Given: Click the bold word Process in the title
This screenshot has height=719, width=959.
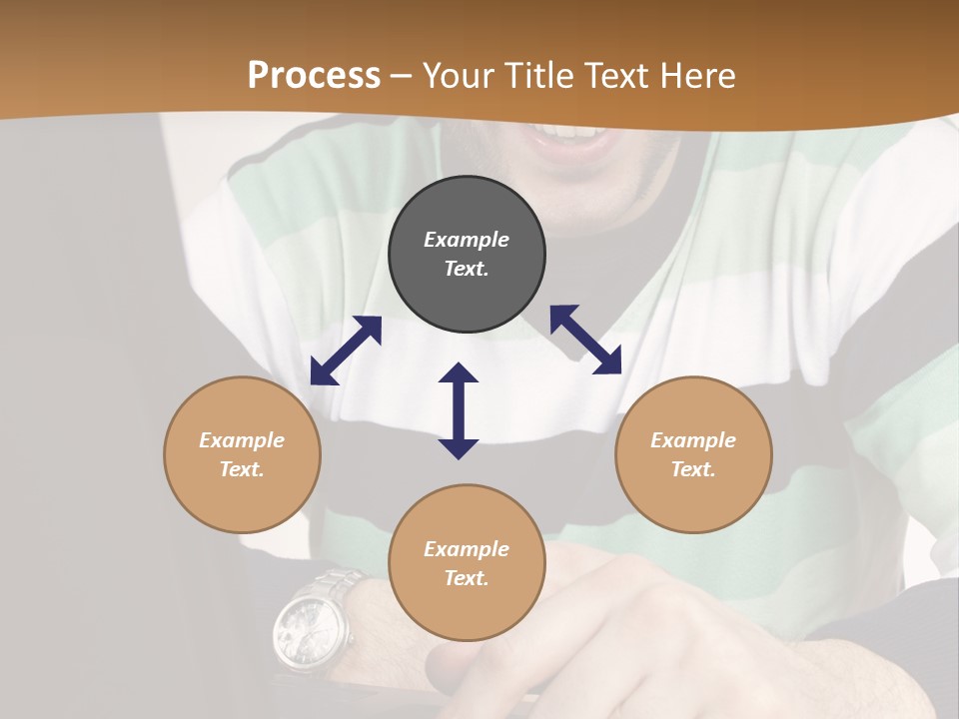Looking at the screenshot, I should (314, 76).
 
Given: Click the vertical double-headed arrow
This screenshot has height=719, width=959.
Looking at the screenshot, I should (459, 410).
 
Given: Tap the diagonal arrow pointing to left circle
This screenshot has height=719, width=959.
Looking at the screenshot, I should (346, 351).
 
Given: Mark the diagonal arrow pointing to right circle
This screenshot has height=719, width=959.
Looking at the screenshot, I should (585, 340).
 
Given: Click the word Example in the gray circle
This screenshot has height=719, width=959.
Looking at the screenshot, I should (467, 240).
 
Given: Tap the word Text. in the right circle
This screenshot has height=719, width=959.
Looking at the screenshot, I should (693, 469).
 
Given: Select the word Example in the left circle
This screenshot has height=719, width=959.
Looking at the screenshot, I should (242, 440).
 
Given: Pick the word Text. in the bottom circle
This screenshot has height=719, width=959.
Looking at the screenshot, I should (467, 578).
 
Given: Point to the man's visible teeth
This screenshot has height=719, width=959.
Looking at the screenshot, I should (573, 131).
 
